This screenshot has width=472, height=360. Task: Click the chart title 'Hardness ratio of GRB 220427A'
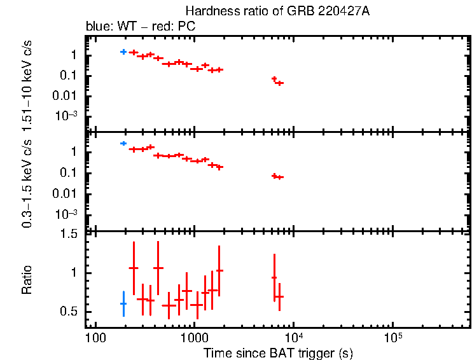(277, 11)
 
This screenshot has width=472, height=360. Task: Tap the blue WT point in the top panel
(123, 52)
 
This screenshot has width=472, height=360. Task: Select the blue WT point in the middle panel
(123, 144)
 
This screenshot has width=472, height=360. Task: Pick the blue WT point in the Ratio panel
(123, 304)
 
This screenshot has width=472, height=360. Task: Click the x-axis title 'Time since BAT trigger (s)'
(278, 352)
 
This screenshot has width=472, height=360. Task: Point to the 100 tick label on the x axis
(95, 337)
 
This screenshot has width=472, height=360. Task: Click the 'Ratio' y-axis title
(27, 280)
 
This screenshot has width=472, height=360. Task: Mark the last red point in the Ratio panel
(279, 297)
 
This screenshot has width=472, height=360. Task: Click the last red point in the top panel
(279, 83)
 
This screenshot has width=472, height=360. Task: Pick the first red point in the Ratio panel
(134, 268)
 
